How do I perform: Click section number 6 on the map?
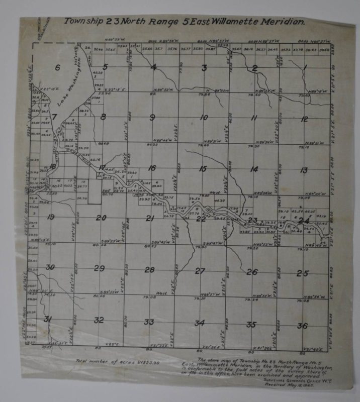[57, 68]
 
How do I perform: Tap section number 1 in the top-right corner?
[305, 67]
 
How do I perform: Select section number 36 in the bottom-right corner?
[302, 326]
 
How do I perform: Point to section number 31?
[48, 319]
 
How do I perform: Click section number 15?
[203, 169]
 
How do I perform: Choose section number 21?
[150, 218]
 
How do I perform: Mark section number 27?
[200, 271]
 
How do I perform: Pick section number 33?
[149, 322]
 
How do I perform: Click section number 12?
[304, 119]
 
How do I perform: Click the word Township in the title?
[82, 22]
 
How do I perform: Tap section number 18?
[52, 167]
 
